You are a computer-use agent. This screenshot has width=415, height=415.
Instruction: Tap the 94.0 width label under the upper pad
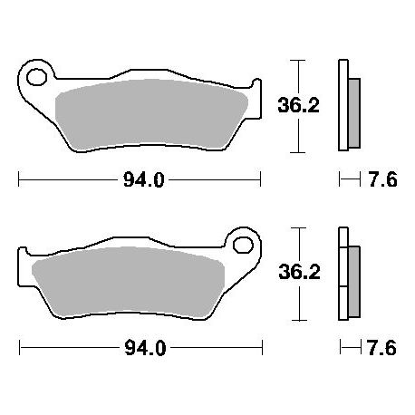tap(144, 180)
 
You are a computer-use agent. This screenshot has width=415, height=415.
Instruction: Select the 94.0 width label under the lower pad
tap(145, 348)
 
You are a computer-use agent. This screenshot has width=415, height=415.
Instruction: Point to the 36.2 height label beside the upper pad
tap(298, 105)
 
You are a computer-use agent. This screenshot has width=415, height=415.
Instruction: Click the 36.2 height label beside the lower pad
tap(299, 272)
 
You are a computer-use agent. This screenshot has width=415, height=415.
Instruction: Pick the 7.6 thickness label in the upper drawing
tap(382, 180)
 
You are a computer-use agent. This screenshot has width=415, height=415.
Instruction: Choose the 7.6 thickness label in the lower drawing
tap(381, 348)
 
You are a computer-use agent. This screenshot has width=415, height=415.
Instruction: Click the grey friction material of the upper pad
tap(151, 115)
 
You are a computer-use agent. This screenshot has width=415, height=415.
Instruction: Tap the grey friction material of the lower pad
tap(129, 283)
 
